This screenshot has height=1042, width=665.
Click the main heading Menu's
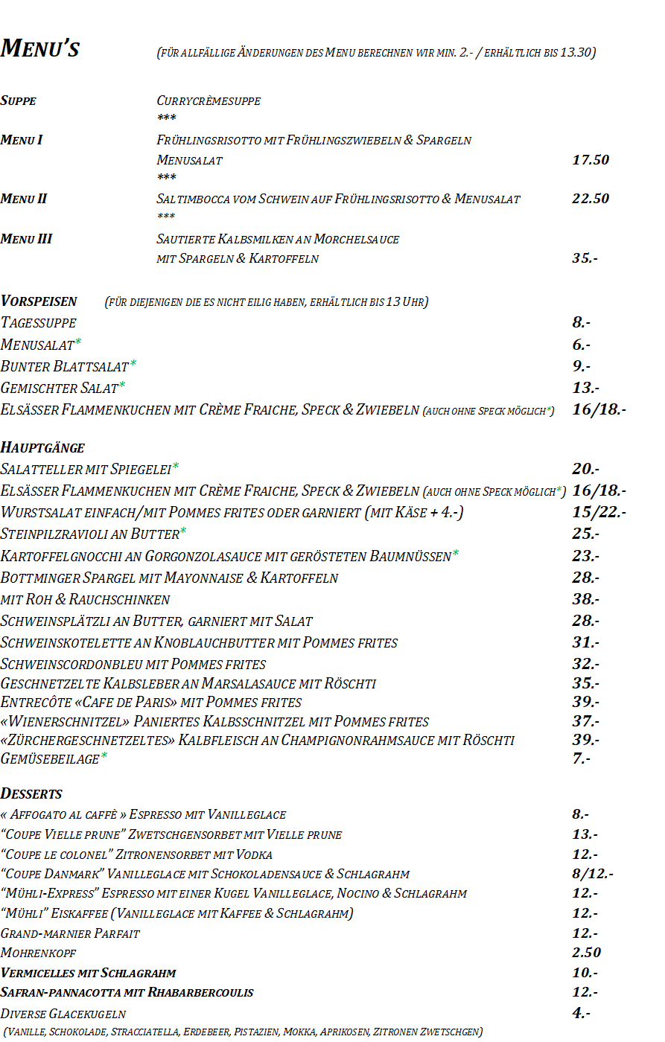40,48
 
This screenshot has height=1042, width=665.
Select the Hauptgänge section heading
42,447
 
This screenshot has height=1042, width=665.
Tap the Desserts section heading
31,793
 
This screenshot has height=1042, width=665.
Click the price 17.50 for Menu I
591,160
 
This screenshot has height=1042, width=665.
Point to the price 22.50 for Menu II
591,199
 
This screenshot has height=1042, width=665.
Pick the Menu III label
27,239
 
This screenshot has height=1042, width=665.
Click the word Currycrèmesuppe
209,100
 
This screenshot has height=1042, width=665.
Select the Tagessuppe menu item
39,322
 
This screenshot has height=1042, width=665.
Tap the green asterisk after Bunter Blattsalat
133,364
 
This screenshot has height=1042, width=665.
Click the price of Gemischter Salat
585,388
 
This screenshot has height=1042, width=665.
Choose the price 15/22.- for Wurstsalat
599,512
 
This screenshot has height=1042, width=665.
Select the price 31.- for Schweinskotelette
585,642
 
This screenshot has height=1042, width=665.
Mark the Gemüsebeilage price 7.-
582,758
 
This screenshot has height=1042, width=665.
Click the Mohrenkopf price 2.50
586,953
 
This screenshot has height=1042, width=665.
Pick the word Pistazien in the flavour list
255,1032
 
